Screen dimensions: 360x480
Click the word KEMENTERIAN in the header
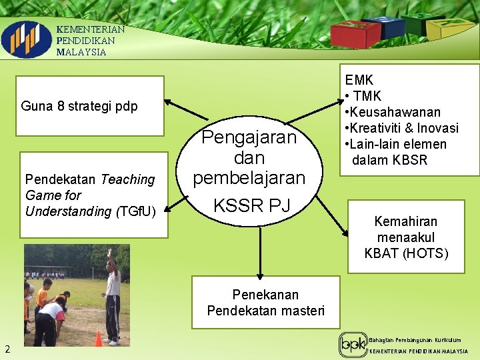pos(91,29)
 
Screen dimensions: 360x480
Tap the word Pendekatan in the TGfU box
pos(61,179)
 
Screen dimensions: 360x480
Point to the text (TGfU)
pos(135,211)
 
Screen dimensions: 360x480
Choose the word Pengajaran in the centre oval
pos(249,137)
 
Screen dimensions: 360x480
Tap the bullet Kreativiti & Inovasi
pos(403,128)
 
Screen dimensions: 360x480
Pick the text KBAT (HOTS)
pos(406,253)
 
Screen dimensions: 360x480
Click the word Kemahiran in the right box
pos(406,221)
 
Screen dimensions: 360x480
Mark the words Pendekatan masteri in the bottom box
pos(265,311)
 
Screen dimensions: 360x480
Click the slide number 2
pos(7,348)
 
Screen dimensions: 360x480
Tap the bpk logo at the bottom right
pos(352,345)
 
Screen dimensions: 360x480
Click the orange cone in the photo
pos(99,339)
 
